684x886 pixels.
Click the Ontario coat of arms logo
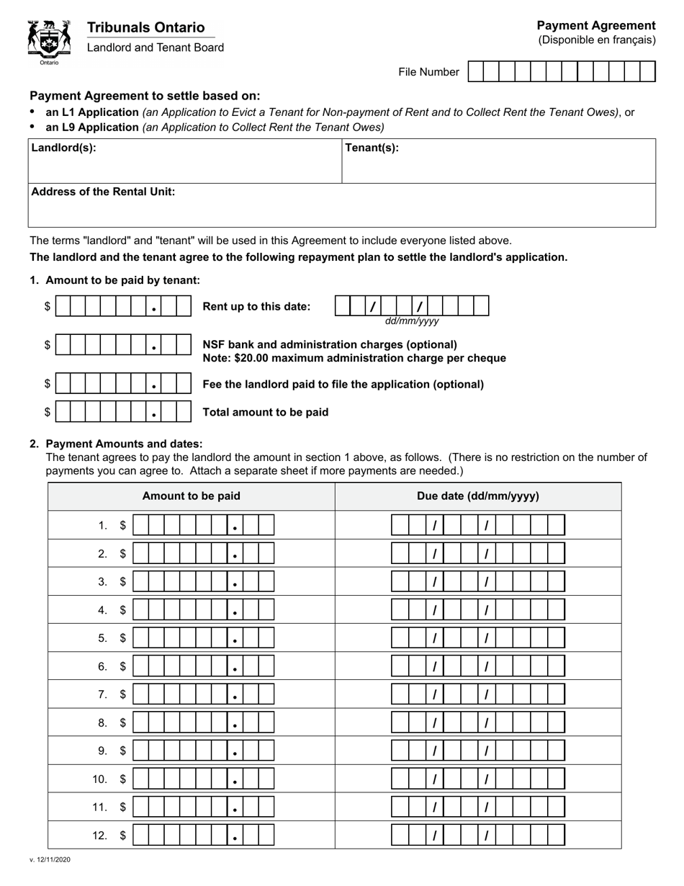(x=48, y=40)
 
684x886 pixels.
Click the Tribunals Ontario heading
(x=145, y=27)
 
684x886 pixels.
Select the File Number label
(x=428, y=72)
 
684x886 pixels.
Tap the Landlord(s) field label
(x=63, y=148)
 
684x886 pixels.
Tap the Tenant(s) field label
(x=372, y=148)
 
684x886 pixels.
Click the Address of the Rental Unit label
(x=103, y=192)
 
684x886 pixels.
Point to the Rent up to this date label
(x=257, y=306)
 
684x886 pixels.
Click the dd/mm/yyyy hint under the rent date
(x=411, y=321)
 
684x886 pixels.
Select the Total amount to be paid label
(x=266, y=412)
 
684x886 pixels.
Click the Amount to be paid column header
(x=192, y=496)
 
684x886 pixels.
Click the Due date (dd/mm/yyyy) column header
(x=478, y=496)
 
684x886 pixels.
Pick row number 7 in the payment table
(x=103, y=694)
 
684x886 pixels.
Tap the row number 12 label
(x=99, y=836)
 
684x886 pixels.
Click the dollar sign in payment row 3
(x=122, y=582)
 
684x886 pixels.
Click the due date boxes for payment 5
(x=478, y=638)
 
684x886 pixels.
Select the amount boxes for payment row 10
(x=204, y=779)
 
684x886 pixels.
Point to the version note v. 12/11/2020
(x=50, y=859)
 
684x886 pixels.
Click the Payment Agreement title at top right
(x=596, y=26)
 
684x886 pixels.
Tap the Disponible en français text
(x=597, y=40)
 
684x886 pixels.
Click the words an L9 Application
(x=92, y=127)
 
